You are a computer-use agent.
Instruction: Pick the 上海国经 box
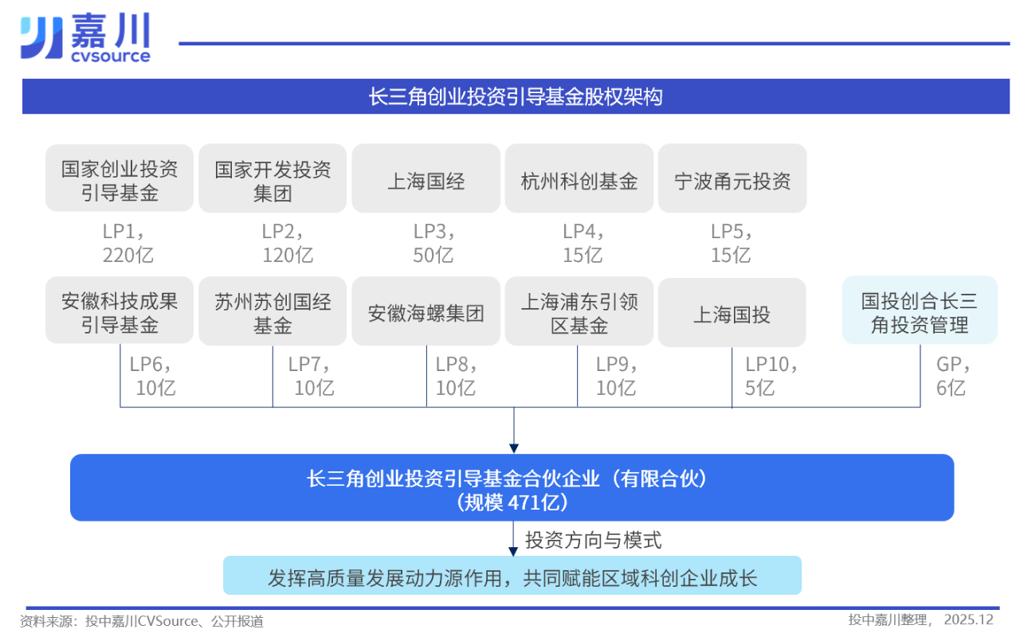426,180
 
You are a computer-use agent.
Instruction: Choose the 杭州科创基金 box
579,180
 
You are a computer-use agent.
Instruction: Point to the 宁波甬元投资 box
732,180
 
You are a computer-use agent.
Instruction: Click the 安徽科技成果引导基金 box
120,312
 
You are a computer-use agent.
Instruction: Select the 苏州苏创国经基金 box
273,312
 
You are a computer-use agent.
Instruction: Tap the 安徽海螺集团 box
426,312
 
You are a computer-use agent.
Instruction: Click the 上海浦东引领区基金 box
579,312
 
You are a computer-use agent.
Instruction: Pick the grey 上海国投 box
732,314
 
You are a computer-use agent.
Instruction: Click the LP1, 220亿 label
127,243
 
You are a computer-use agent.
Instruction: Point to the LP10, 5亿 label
770,376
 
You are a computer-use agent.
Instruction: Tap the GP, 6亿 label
952,376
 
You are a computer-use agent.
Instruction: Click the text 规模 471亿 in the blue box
512,502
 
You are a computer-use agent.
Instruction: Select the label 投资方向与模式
594,540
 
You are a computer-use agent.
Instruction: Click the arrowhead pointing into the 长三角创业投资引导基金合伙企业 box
514,447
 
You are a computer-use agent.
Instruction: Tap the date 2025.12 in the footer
968,619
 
